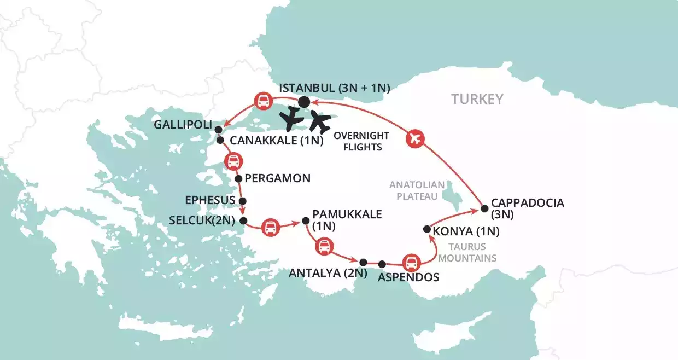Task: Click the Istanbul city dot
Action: [x=304, y=102]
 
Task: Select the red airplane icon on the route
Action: [x=415, y=139]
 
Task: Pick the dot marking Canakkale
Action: [x=220, y=141]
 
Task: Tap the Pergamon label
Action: [x=278, y=178]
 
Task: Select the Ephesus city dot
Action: [x=243, y=201]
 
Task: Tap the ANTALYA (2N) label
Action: [x=323, y=272]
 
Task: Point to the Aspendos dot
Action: [x=382, y=264]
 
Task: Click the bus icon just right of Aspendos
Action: [x=411, y=263]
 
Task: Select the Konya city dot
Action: [x=426, y=229]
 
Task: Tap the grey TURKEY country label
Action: [x=477, y=99]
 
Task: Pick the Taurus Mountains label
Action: [x=472, y=252]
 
